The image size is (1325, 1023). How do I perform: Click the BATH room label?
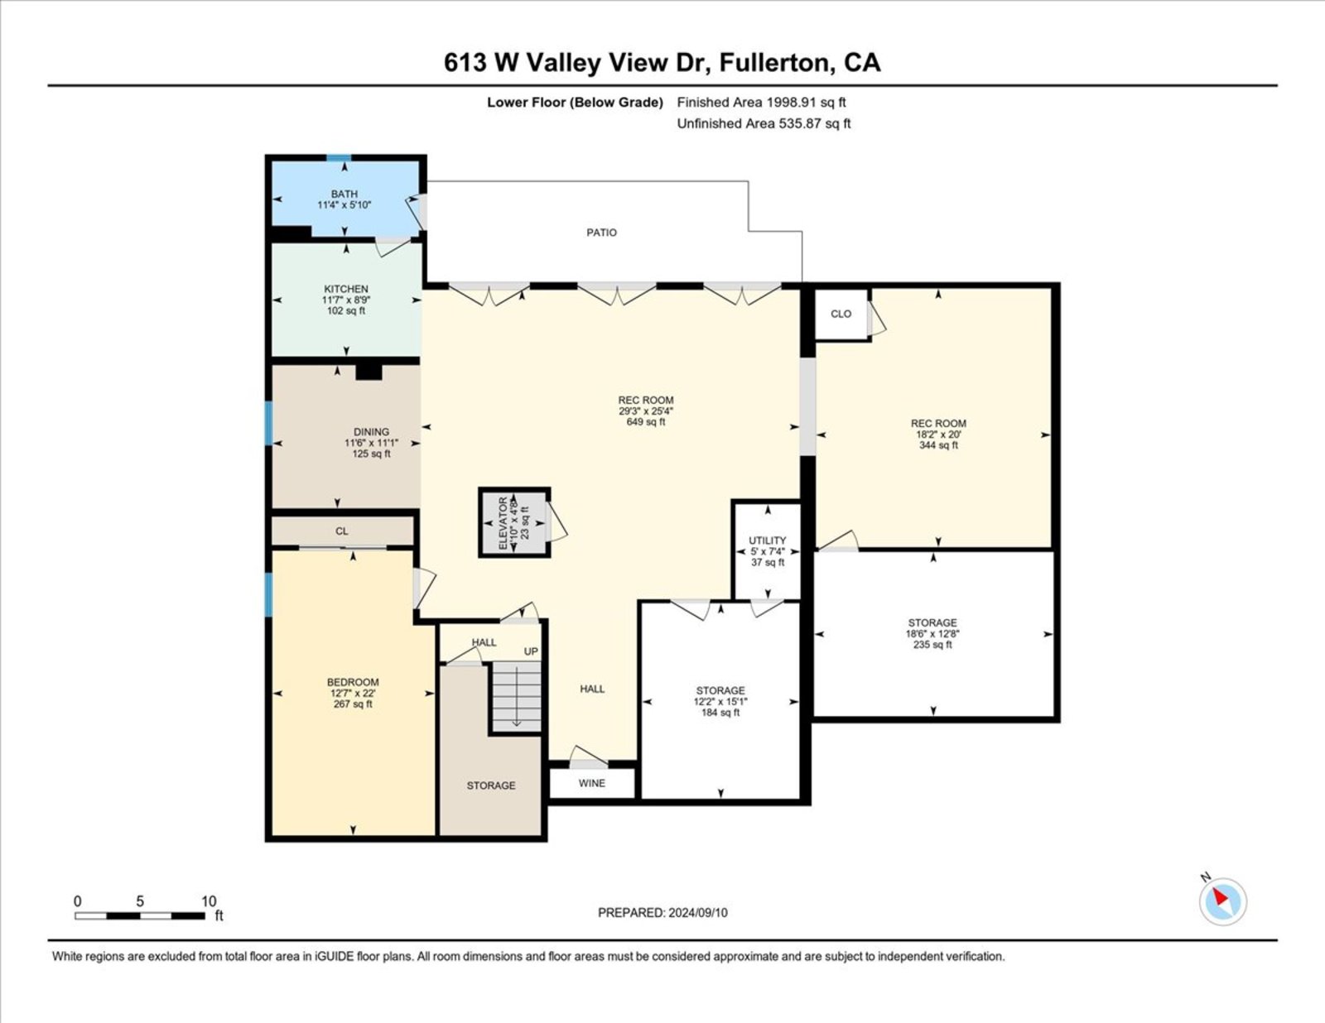click(x=344, y=194)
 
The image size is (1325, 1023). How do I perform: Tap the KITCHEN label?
click(x=345, y=289)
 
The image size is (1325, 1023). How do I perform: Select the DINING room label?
click(x=371, y=432)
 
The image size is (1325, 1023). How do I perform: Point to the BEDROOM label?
click(x=353, y=682)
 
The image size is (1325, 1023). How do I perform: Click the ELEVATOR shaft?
click(x=514, y=522)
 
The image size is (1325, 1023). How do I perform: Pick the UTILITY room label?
click(x=767, y=540)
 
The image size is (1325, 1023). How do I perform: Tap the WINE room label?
click(x=591, y=783)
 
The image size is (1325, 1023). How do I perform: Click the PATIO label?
click(x=601, y=232)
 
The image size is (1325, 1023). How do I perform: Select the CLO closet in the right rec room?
click(x=841, y=314)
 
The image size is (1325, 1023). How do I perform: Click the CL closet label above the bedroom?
click(x=341, y=531)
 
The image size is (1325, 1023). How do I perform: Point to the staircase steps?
click(x=517, y=696)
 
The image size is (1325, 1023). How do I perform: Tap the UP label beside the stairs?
click(x=531, y=651)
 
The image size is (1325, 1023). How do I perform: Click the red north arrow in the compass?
click(x=1220, y=896)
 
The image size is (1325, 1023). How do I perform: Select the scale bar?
click(x=140, y=915)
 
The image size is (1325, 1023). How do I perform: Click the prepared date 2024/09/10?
click(x=697, y=913)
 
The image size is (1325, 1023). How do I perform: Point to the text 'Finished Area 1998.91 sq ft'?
click(x=761, y=103)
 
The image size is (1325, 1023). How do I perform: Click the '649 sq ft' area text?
click(x=646, y=421)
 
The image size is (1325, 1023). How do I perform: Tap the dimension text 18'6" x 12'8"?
click(x=932, y=634)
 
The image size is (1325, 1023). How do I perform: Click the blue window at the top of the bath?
click(x=339, y=158)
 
